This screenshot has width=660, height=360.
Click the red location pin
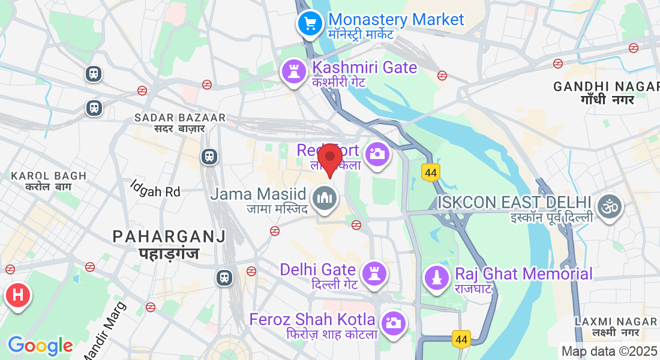pos(330,157)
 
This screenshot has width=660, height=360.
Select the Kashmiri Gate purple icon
pos(294,71)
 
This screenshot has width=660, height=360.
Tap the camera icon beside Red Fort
pos(377,154)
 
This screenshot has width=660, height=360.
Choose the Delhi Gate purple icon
pos(375,273)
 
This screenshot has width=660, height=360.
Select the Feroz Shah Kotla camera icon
pos(393,323)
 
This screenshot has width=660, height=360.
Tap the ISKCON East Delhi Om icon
pos(610,206)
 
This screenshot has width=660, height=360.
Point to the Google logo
pos(40,345)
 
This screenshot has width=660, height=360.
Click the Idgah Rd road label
pos(156,191)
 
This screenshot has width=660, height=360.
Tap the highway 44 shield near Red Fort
pos(430,172)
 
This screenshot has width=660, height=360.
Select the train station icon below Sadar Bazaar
pos(209,156)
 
